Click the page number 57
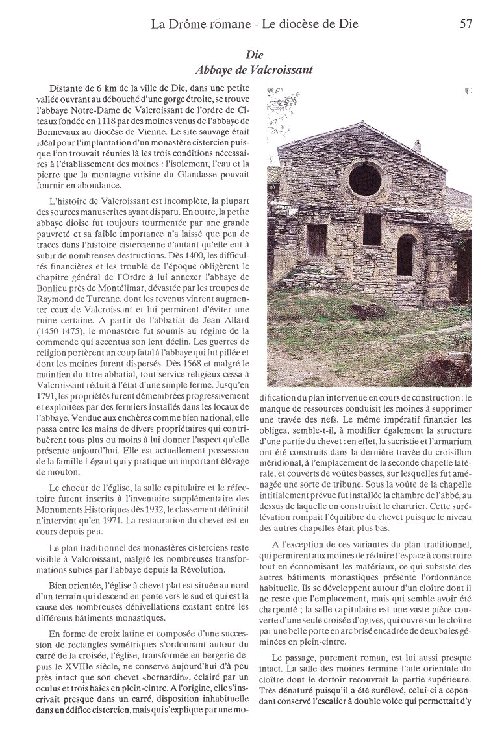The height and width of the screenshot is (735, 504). click(466, 25)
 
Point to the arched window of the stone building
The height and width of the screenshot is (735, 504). click(405, 254)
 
